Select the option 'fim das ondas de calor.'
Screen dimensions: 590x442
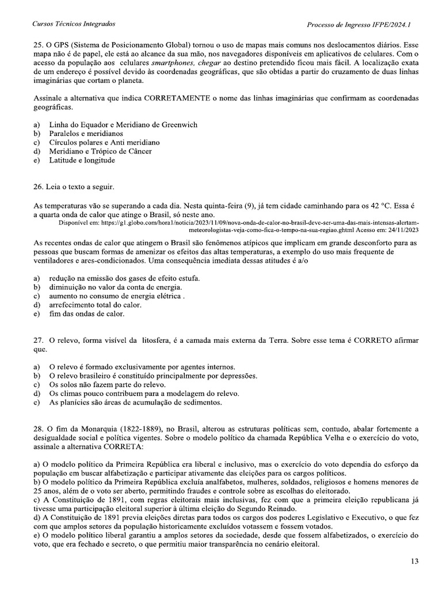pos(87,314)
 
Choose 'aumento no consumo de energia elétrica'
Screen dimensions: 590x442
pos(116,296)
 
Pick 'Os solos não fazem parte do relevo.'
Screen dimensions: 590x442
pos(108,384)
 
